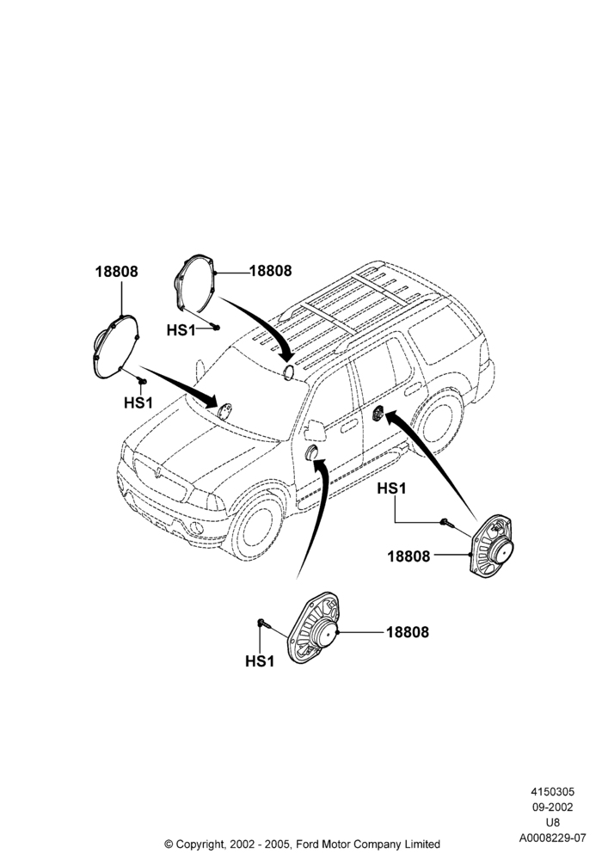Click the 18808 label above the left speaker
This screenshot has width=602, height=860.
pyautogui.click(x=116, y=272)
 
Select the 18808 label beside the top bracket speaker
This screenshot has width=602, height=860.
pyautogui.click(x=270, y=271)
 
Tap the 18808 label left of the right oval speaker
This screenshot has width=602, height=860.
pyautogui.click(x=409, y=556)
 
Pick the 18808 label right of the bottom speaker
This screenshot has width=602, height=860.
pyautogui.click(x=408, y=632)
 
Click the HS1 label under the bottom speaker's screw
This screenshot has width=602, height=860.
pyautogui.click(x=260, y=661)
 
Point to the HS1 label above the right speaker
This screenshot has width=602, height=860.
pyautogui.click(x=391, y=488)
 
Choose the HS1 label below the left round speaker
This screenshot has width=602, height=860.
pyautogui.click(x=138, y=402)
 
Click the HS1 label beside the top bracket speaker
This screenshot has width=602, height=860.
pyautogui.click(x=181, y=330)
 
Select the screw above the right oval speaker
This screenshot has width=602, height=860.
pyautogui.click(x=446, y=523)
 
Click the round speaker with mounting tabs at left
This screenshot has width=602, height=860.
pyautogui.click(x=116, y=347)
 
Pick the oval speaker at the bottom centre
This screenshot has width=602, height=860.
pyautogui.click(x=314, y=627)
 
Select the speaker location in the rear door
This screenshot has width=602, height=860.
pyautogui.click(x=378, y=414)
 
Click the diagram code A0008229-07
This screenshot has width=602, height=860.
pyautogui.click(x=553, y=838)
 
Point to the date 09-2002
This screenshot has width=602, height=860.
pyautogui.click(x=553, y=808)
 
